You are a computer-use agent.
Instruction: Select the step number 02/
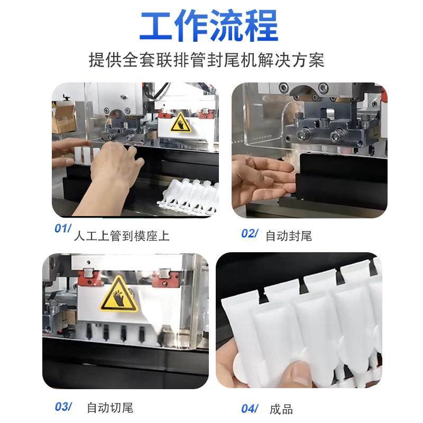pyautogui.click(x=250, y=234)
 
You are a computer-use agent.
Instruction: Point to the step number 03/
pyautogui.click(x=63, y=407)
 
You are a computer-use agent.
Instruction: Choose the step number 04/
pyautogui.click(x=250, y=408)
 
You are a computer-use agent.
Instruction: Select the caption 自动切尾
pyautogui.click(x=110, y=408)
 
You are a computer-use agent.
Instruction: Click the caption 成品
pyautogui.click(x=281, y=409)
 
